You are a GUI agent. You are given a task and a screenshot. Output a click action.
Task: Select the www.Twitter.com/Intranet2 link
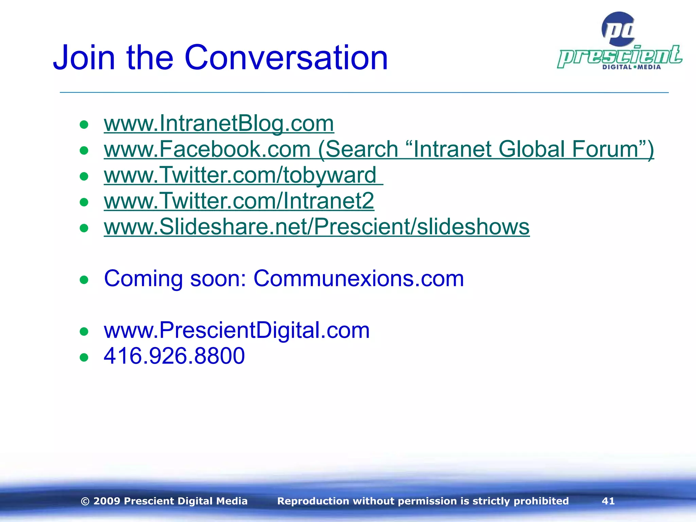239,201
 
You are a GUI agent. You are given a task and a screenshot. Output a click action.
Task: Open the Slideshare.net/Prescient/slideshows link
316,227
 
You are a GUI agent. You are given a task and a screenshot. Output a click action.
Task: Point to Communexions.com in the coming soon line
359,279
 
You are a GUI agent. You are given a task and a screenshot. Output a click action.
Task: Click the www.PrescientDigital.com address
237,330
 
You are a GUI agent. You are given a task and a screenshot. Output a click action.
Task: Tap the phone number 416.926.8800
174,356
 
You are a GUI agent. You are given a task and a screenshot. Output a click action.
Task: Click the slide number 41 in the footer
608,501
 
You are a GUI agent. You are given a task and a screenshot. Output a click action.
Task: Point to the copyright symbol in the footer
85,501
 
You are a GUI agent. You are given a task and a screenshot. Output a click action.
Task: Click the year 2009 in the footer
107,501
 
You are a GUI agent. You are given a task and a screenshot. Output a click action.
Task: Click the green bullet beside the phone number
84,357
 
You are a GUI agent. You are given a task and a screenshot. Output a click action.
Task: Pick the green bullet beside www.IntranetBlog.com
84,124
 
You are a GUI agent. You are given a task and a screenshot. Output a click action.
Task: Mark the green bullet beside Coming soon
84,280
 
